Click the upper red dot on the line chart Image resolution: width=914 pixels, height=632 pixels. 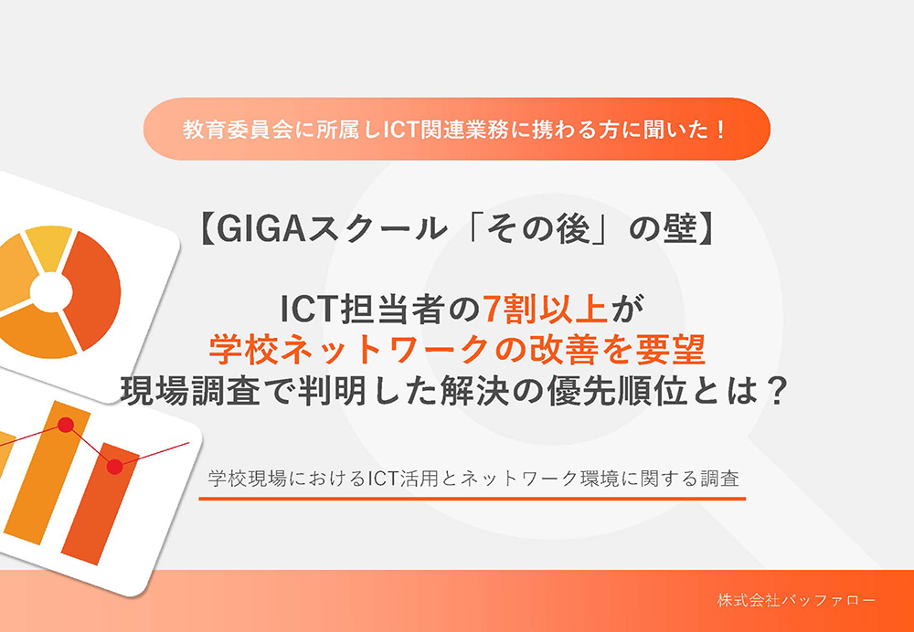(66, 425)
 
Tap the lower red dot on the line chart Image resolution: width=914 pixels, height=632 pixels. (114, 467)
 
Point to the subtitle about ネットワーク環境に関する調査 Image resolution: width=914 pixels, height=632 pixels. (473, 478)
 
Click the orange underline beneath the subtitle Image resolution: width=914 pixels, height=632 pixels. (473, 499)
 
